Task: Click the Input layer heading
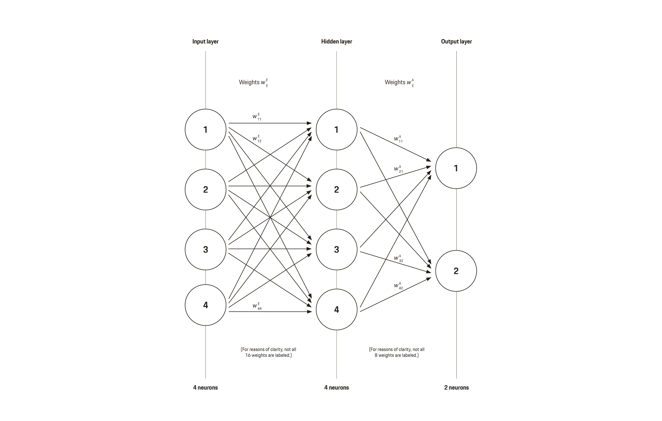[x=205, y=42]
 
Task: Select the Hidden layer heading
[x=337, y=42]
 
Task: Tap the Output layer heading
[x=456, y=42]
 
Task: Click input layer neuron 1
[x=205, y=129]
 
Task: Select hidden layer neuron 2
[x=337, y=189]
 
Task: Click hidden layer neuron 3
[x=337, y=249]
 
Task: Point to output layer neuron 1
[x=456, y=168]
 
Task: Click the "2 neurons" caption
[x=456, y=387]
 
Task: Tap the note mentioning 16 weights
[x=268, y=352]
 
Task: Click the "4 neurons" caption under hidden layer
[x=337, y=387]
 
